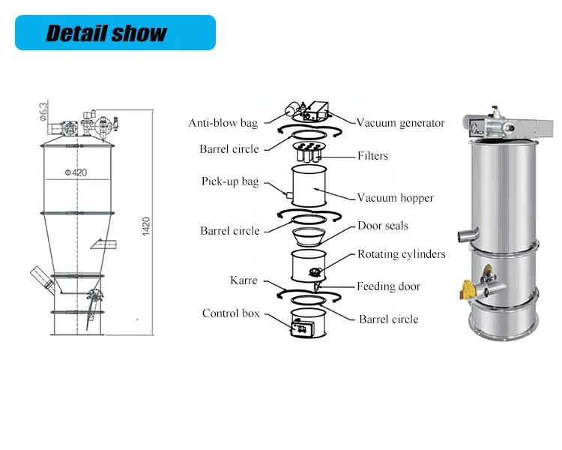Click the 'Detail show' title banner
pos(115,33)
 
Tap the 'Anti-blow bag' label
pos(223,122)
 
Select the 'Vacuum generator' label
pos(400,123)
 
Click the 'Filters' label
pos(372,156)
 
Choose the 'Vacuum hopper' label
pos(395,198)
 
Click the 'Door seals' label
pos(382,226)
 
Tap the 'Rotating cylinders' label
pos(401,254)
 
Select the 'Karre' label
pos(244,280)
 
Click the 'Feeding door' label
pos(388,286)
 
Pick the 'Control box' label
pos(230,313)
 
